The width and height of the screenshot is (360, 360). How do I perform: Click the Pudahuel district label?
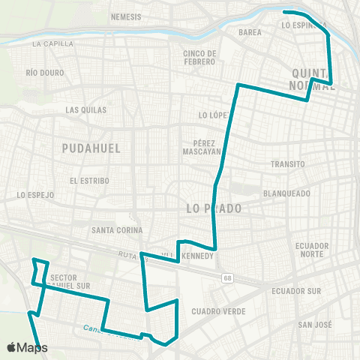(91, 148)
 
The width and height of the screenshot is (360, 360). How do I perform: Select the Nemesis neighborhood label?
(126, 16)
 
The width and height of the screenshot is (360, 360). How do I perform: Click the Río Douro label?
(41, 73)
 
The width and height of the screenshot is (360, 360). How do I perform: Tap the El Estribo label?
(89, 181)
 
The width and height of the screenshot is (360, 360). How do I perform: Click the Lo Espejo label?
(36, 195)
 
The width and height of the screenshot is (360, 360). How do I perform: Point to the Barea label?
(250, 33)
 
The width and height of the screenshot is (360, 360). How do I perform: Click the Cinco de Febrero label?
(200, 57)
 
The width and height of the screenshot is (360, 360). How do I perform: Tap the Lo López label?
(212, 115)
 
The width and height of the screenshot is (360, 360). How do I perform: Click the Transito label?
(289, 163)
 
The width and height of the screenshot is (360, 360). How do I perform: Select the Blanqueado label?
(286, 193)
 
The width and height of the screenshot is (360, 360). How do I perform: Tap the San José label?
(315, 324)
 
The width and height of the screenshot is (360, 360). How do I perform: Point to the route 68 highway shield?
(226, 278)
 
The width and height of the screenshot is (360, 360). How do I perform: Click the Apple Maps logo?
(27, 347)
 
